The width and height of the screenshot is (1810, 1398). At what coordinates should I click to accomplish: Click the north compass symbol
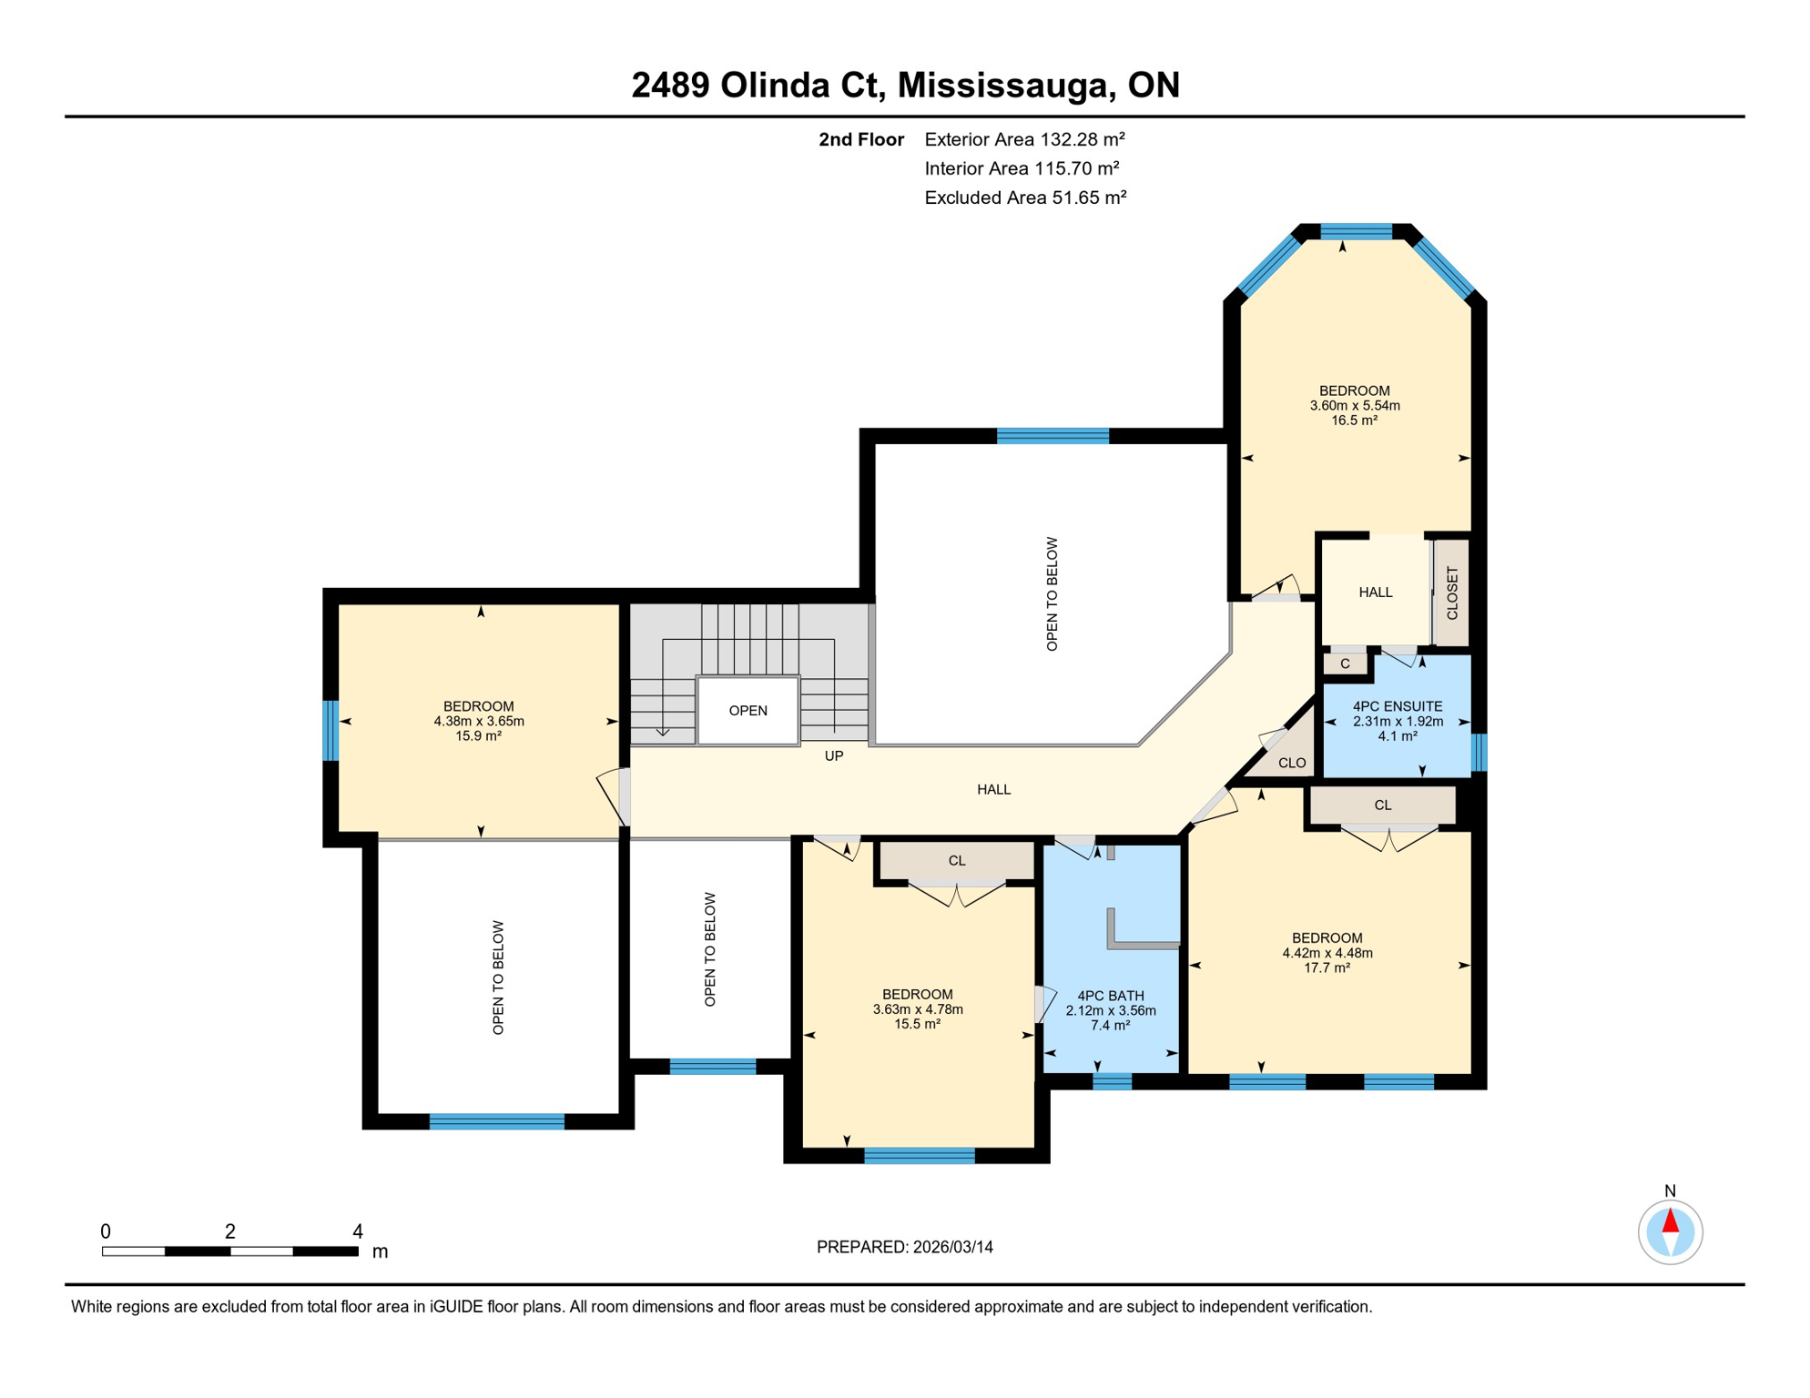click(x=1670, y=1231)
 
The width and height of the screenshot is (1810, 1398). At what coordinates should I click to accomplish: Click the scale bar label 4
click(x=358, y=1231)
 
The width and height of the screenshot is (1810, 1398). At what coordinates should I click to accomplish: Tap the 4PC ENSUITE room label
click(x=1397, y=706)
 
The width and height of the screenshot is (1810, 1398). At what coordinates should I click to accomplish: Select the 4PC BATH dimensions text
click(x=1110, y=1010)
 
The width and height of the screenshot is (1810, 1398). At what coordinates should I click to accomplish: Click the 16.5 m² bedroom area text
click(x=1354, y=420)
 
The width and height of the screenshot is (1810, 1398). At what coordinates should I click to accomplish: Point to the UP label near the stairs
click(x=833, y=756)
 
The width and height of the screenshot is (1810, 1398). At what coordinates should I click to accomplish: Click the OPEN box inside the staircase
click(x=747, y=711)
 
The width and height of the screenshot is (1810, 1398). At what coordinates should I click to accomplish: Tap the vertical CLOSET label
click(x=1451, y=593)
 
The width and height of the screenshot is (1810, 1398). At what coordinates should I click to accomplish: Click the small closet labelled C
click(x=1345, y=664)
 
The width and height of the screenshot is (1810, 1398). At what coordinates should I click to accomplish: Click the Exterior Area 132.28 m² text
click(x=1024, y=139)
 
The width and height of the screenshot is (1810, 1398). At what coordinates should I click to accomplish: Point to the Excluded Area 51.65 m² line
click(x=1025, y=198)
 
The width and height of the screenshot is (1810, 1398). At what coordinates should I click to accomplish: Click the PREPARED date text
click(x=904, y=1247)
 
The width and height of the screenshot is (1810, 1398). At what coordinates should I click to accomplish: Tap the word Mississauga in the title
click(x=1006, y=85)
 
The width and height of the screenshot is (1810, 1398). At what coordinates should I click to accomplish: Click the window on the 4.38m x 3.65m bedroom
click(x=331, y=730)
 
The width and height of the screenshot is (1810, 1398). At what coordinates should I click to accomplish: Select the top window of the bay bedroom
click(x=1356, y=231)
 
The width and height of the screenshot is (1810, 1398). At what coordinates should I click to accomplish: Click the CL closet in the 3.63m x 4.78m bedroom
click(x=956, y=861)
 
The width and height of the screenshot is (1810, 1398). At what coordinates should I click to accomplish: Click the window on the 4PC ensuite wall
click(x=1479, y=752)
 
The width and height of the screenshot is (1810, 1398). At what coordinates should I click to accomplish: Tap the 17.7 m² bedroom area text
click(x=1327, y=967)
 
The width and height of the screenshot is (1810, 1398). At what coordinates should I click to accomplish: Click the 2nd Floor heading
click(x=860, y=139)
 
